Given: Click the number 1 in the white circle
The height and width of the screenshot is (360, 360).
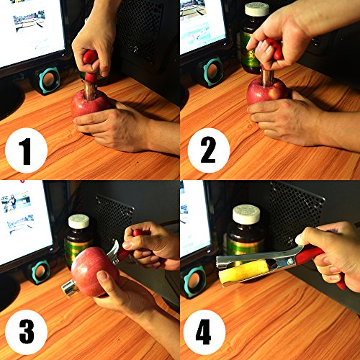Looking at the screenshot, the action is (25, 151).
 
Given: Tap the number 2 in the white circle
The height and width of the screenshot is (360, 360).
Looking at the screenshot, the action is (208, 150).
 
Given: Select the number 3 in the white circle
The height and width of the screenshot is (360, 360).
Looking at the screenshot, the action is (27, 332).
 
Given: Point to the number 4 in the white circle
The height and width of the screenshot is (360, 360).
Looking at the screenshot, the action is (203, 332).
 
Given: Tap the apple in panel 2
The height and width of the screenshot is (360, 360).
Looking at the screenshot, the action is (266, 91).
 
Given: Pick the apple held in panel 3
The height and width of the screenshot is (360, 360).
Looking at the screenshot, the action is (94, 271).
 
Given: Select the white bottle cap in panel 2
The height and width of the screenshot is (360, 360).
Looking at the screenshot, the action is (257, 9).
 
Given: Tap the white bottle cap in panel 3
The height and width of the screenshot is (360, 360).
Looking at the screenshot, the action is (78, 222).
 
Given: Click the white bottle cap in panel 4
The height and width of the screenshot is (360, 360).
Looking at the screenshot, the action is (246, 214).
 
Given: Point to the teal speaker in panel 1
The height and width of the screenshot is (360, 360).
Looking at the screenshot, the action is (49, 80).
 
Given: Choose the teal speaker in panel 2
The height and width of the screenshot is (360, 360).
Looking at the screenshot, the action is (213, 71).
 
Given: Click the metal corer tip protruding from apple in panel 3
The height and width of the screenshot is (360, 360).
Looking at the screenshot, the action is (69, 288).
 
